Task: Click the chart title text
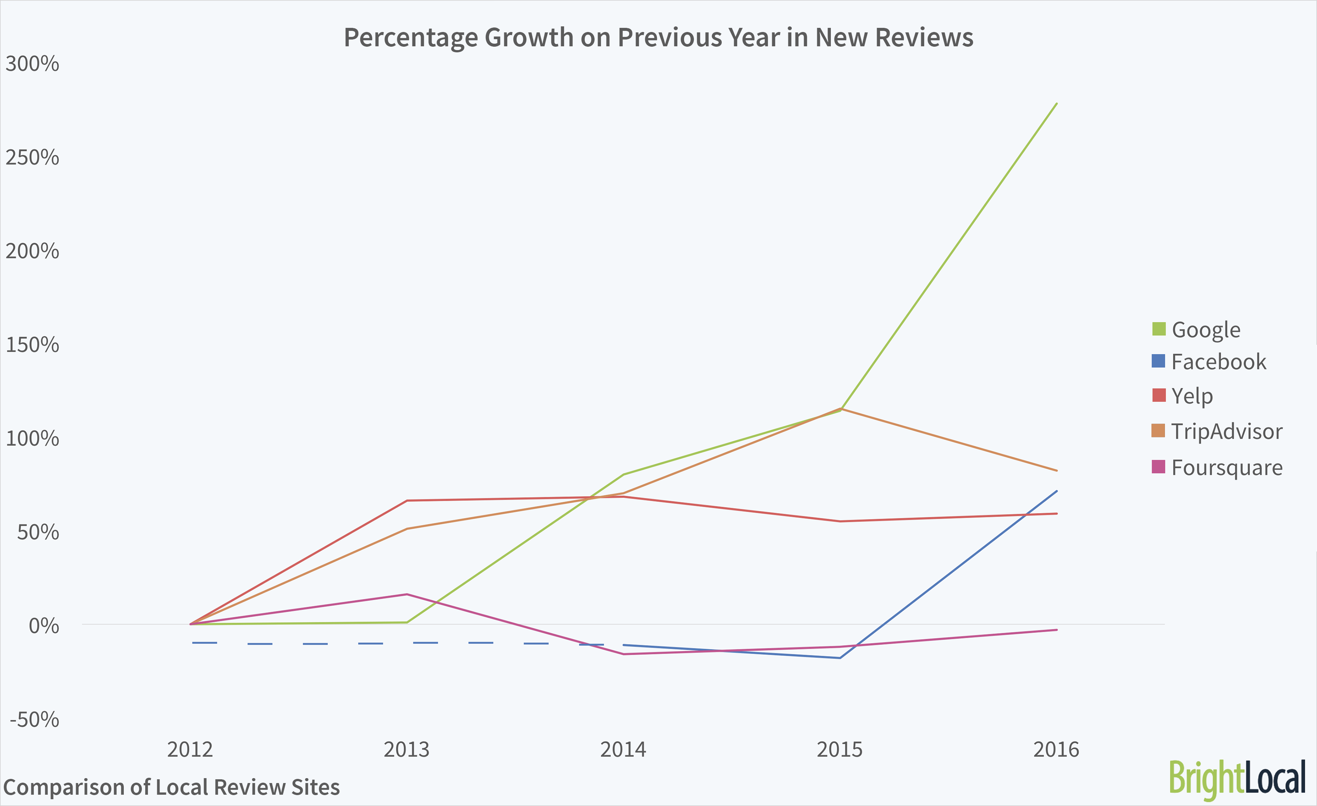(x=658, y=38)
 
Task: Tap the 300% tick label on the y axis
(x=32, y=64)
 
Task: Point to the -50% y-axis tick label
(x=34, y=720)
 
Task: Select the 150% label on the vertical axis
(x=32, y=345)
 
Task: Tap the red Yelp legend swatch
(x=1159, y=395)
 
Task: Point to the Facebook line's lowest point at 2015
(x=840, y=658)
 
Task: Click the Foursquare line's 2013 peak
(x=407, y=594)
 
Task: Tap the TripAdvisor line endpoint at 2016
(x=1057, y=471)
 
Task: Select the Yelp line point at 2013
(x=407, y=501)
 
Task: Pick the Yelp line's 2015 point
(x=840, y=521)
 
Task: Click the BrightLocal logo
(x=1237, y=779)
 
